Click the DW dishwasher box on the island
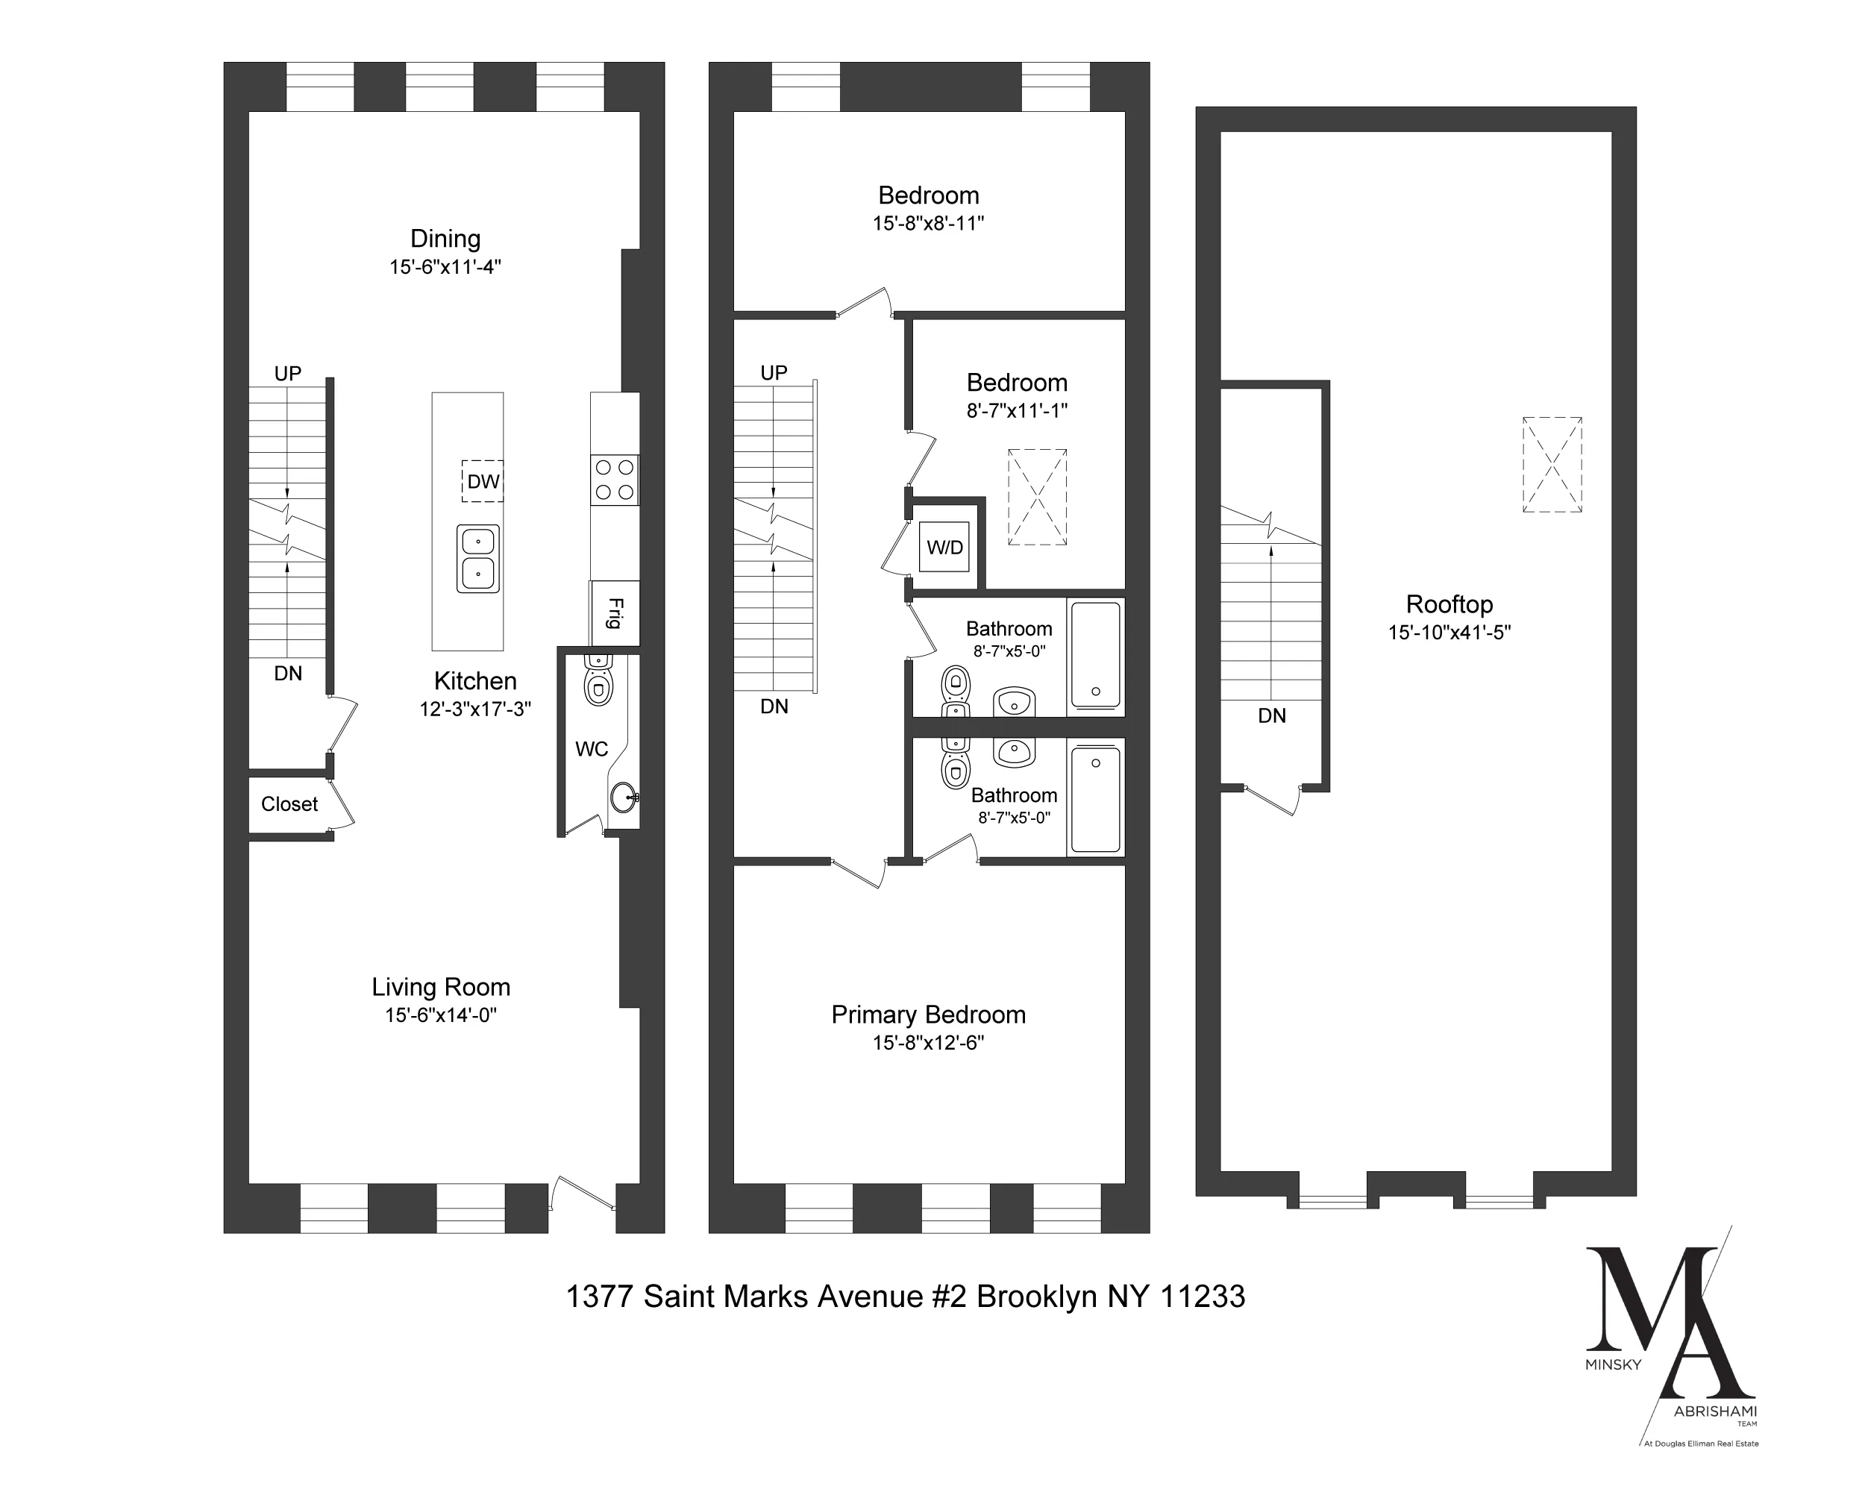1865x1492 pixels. click(x=482, y=481)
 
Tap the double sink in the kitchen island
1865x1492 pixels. click(x=478, y=558)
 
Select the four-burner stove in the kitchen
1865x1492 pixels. click(x=614, y=480)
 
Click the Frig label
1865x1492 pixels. click(x=615, y=613)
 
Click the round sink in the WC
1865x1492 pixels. click(x=622, y=797)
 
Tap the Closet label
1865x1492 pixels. click(x=289, y=804)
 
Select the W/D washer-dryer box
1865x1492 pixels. click(x=944, y=548)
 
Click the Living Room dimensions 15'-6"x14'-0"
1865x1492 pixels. click(x=441, y=1015)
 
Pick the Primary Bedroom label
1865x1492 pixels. click(x=928, y=1015)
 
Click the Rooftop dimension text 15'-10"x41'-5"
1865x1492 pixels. click(x=1449, y=633)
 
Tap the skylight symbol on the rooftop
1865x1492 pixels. click(x=1552, y=466)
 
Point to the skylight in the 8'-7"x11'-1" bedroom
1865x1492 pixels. click(x=1037, y=497)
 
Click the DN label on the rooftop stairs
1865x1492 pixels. click(x=1272, y=716)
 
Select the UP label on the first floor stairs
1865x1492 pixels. click(x=288, y=374)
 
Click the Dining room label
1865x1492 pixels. click(x=445, y=239)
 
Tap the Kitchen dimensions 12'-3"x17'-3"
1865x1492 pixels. click(x=475, y=709)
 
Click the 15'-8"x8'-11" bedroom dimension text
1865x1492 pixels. click(x=928, y=223)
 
